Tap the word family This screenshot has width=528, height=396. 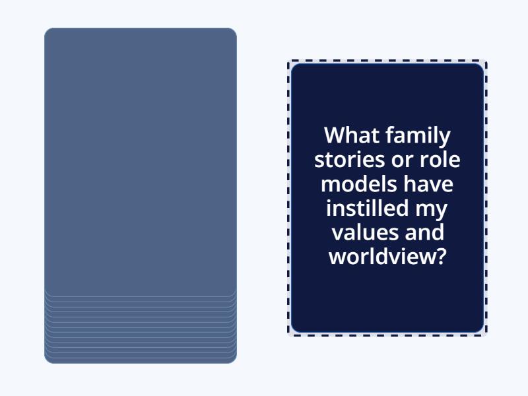419,136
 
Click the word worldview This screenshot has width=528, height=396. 381,257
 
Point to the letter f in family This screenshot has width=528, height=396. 390,135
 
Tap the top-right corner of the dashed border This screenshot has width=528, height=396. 486,61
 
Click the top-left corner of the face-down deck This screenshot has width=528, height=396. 46,30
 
